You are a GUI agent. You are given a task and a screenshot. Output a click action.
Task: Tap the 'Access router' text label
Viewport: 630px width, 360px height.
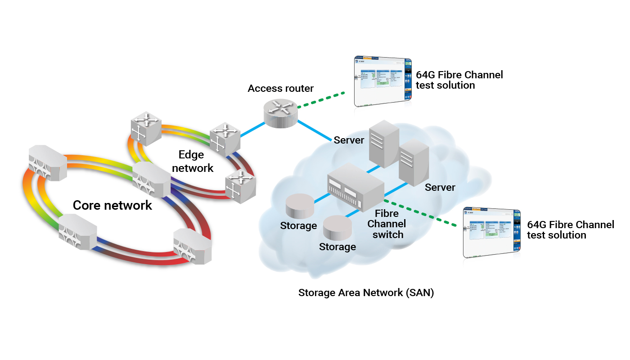click(x=280, y=88)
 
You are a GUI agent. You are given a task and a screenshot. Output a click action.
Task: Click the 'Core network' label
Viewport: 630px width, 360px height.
click(x=112, y=206)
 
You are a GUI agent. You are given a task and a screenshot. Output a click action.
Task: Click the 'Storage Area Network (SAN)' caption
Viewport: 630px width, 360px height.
click(x=366, y=293)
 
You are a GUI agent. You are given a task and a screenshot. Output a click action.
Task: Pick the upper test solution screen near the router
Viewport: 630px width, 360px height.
click(x=383, y=81)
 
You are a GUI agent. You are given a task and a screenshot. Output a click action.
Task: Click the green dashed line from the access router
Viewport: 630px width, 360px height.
click(x=321, y=100)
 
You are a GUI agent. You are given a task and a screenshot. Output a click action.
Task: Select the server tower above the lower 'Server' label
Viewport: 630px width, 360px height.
click(x=414, y=162)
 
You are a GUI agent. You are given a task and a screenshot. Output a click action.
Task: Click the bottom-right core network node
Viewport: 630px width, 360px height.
click(x=192, y=246)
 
